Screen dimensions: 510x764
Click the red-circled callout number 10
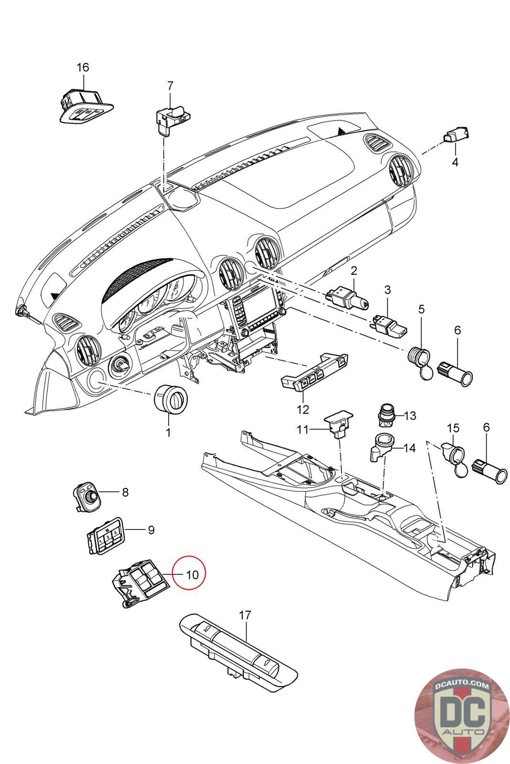point(192,574)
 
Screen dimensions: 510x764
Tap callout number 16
point(83,67)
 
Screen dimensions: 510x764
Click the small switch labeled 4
point(456,135)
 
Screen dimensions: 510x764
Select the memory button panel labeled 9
point(105,536)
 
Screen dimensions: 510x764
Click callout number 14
point(410,448)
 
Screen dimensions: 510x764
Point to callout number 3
point(388,290)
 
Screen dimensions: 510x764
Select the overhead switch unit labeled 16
point(86,106)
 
